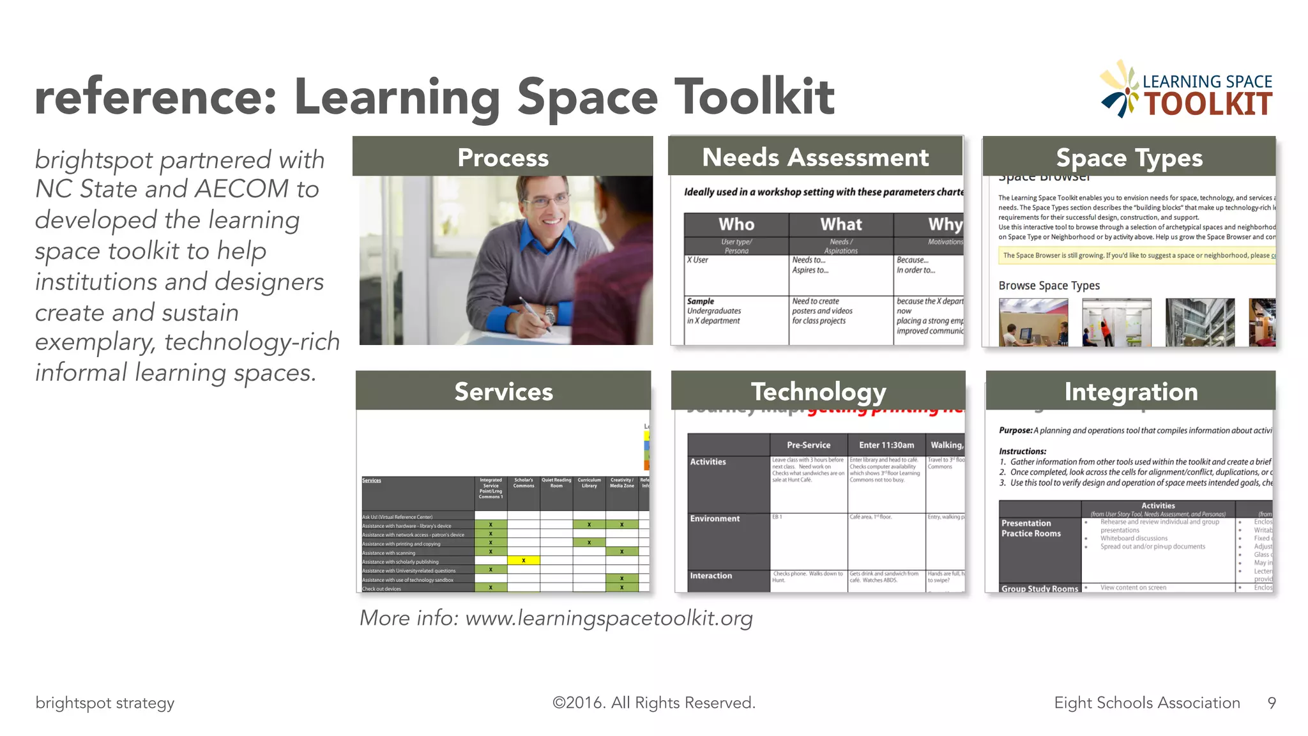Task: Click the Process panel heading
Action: point(503,157)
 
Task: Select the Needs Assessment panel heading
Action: point(815,157)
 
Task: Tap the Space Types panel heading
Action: point(1129,157)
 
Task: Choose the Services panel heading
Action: point(503,391)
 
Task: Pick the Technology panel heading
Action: point(818,391)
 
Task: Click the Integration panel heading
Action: point(1130,391)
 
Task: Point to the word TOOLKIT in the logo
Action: point(1207,104)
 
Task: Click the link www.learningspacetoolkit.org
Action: point(609,618)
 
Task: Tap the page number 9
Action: point(1272,703)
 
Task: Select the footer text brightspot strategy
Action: point(105,703)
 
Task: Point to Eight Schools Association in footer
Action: point(1146,703)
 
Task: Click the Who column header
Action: point(736,224)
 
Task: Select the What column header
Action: point(840,224)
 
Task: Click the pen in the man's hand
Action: point(535,313)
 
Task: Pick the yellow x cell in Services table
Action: point(523,560)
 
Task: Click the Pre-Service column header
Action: point(809,445)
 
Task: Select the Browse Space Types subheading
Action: point(1049,286)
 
